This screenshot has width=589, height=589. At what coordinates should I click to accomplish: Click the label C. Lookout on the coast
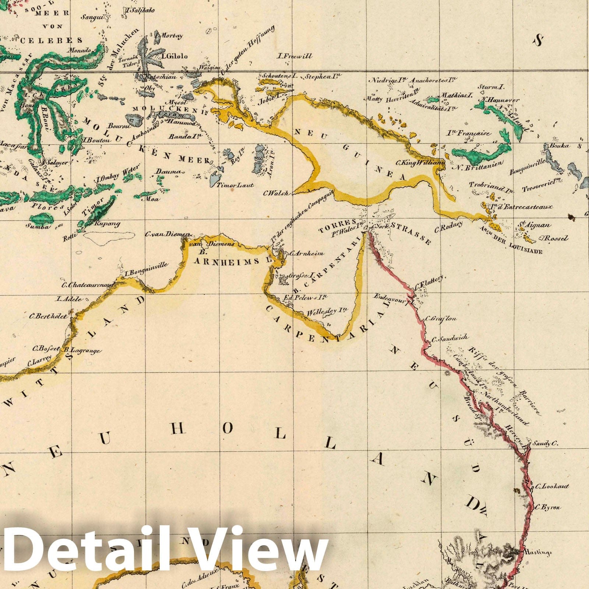552,486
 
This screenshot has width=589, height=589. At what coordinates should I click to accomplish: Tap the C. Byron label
548,507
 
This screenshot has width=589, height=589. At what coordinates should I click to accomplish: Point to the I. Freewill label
295,56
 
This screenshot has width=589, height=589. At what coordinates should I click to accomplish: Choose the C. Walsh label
276,193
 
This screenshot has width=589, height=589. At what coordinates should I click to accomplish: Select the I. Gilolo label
174,56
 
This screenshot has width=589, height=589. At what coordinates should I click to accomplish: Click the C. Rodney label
448,228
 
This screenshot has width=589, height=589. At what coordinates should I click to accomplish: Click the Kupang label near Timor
107,223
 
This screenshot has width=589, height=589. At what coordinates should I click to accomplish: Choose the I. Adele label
68,299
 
